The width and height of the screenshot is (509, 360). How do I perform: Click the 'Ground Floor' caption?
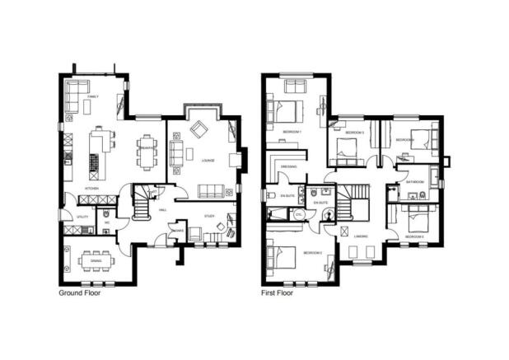pos(79,292)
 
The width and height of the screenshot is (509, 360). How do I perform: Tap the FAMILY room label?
pos(93,97)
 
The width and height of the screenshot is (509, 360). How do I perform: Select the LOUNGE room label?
pos(208,160)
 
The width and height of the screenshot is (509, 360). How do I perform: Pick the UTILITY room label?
pos(82,217)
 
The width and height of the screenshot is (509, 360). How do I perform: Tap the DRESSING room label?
pos(288,166)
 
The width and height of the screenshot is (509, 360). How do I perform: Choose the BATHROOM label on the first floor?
pos(414,181)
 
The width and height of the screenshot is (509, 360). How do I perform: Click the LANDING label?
pos(361,236)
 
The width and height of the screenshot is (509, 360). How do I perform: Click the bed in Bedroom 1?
pos(291,110)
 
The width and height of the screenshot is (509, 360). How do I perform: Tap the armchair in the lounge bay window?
pos(199,129)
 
